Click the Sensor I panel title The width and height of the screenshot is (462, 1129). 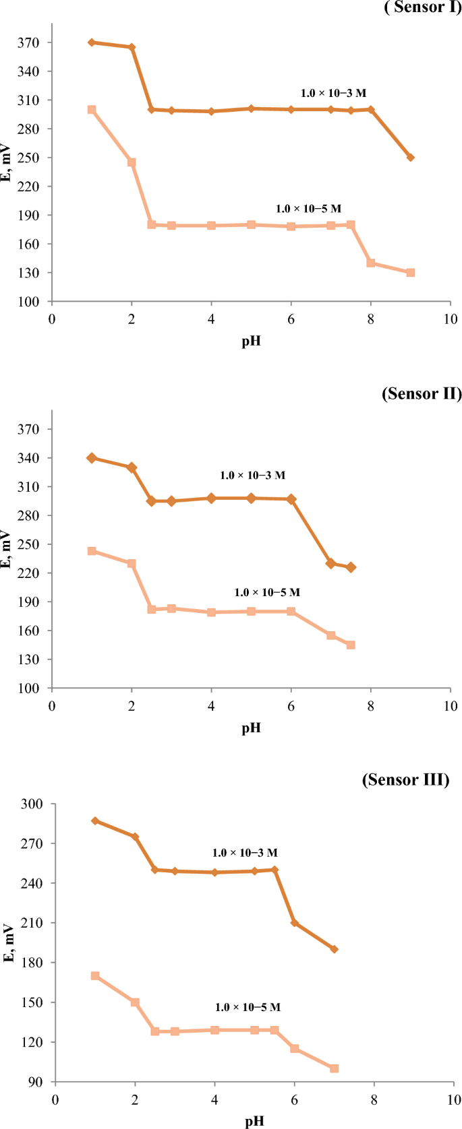pos(423,7)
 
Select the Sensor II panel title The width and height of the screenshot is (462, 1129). pos(422,393)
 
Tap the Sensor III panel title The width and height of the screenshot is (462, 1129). pos(405,779)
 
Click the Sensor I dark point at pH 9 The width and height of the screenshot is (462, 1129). pos(410,158)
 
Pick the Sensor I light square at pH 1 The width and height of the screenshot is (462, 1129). pos(92,109)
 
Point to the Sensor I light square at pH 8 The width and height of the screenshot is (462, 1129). pos(370,263)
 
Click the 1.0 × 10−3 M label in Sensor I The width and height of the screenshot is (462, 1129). pos(333,93)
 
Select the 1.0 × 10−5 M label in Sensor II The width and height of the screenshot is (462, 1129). pos(267,592)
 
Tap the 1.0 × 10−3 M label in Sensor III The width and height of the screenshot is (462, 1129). pos(245,853)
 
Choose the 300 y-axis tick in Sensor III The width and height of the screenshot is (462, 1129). pos(31,804)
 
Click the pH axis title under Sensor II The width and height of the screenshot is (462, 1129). pos(251,728)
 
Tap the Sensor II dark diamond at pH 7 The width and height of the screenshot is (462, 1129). pos(330,563)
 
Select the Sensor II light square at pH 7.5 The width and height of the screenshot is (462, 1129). pos(351,645)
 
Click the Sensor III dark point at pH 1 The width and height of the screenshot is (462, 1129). pos(95,820)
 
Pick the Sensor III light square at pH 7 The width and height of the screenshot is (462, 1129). pos(334,1068)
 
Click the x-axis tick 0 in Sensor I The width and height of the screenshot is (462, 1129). pos(52,319)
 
